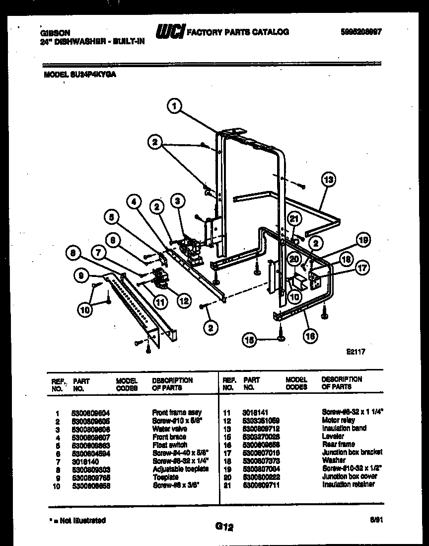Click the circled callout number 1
(x=173, y=105)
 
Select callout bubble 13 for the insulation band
(x=328, y=179)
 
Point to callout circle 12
(x=183, y=300)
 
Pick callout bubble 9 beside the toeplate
(x=80, y=274)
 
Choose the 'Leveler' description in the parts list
(x=333, y=436)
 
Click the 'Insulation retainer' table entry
(x=348, y=484)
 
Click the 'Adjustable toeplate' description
(x=180, y=468)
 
